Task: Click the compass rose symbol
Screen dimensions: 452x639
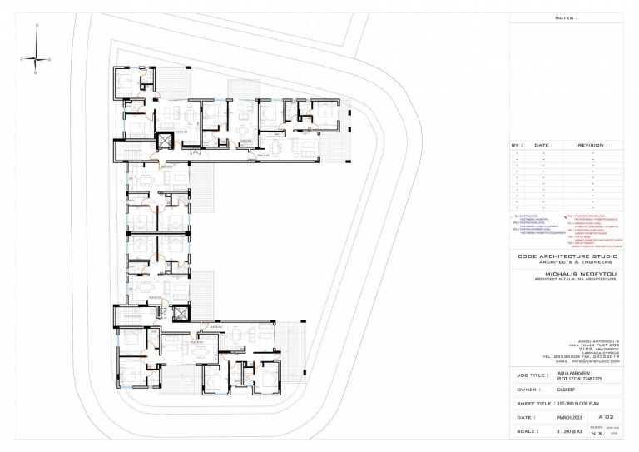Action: tap(36, 59)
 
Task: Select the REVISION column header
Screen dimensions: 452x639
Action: tap(592, 144)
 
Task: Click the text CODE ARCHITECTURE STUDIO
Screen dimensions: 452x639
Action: tap(564, 258)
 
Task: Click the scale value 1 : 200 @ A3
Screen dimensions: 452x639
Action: tap(569, 432)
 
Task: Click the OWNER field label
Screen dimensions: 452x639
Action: tap(525, 389)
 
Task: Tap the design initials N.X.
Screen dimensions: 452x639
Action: tap(597, 434)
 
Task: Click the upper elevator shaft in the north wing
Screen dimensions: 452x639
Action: tap(164, 138)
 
